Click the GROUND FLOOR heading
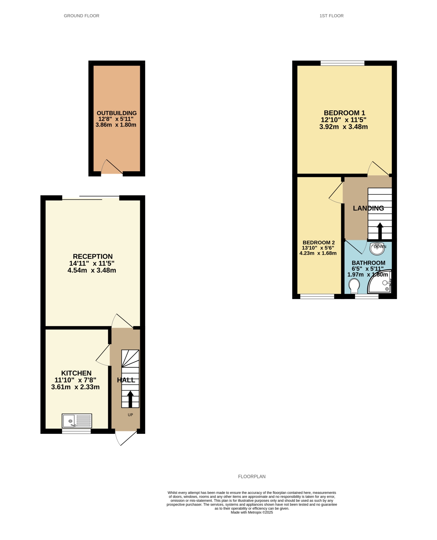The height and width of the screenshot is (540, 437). pyautogui.click(x=82, y=16)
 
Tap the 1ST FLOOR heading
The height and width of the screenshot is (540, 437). pyautogui.click(x=332, y=16)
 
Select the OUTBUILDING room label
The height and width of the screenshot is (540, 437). pyautogui.click(x=117, y=113)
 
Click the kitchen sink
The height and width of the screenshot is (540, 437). pyautogui.click(x=77, y=421)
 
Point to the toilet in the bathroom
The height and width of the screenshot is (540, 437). pyautogui.click(x=354, y=286)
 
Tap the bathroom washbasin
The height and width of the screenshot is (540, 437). pyautogui.click(x=377, y=248)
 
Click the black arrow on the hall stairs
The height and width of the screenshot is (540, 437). pyautogui.click(x=130, y=399)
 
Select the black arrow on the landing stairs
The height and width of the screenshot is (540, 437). pyautogui.click(x=380, y=231)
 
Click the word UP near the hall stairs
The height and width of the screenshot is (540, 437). pyautogui.click(x=130, y=415)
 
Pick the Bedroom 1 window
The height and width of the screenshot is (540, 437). pyautogui.click(x=342, y=63)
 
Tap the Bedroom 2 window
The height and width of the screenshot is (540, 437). pyautogui.click(x=317, y=296)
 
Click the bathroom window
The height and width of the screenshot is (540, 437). pyautogui.click(x=366, y=296)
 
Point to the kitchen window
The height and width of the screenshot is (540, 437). pyautogui.click(x=76, y=431)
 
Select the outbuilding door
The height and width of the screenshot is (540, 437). pyautogui.click(x=112, y=167)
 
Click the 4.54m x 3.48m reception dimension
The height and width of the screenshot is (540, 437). pyautogui.click(x=92, y=270)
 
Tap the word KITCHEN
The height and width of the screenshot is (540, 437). pyautogui.click(x=76, y=373)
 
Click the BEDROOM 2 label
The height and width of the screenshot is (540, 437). pyautogui.click(x=319, y=242)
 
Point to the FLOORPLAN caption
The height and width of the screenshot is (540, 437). pyautogui.click(x=252, y=477)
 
